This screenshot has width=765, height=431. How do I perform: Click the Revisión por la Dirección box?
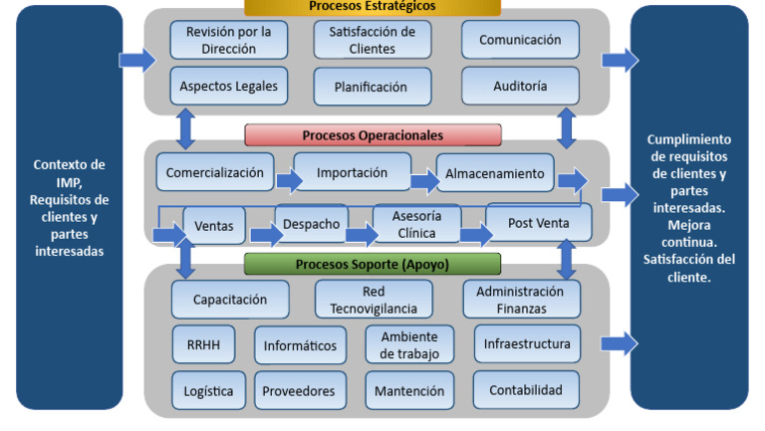(x=228, y=40)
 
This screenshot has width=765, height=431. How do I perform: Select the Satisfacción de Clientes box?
(x=374, y=40)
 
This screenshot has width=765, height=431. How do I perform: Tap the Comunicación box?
(x=520, y=40)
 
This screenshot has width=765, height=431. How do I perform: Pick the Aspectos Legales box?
(x=228, y=86)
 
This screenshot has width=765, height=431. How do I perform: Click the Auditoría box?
(x=520, y=86)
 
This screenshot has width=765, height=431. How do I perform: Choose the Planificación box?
(x=374, y=87)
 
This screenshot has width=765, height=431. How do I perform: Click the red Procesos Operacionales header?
(x=373, y=134)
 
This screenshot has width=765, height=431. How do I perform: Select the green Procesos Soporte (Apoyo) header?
(x=373, y=264)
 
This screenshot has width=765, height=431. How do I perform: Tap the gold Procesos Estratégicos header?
(x=373, y=7)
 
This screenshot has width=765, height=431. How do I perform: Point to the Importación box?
(x=352, y=172)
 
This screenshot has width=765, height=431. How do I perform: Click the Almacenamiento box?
(x=494, y=173)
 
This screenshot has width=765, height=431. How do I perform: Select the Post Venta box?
(x=539, y=223)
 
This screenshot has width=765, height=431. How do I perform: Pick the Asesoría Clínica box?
(x=416, y=224)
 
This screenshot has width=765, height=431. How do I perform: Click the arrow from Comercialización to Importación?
(x=289, y=180)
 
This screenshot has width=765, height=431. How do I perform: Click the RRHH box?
(x=203, y=344)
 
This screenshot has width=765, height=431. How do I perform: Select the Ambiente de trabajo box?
(x=409, y=344)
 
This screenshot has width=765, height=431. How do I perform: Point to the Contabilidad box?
(x=526, y=390)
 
